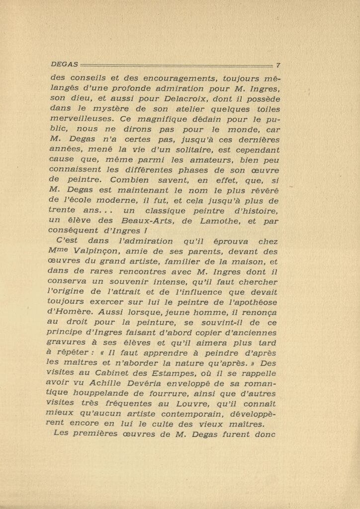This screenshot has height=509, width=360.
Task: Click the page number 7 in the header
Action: pos(278,65)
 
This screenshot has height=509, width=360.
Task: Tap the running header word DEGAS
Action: pos(64,65)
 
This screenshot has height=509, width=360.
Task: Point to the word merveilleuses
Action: pos(83,119)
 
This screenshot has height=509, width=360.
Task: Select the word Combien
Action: pos(131,180)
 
